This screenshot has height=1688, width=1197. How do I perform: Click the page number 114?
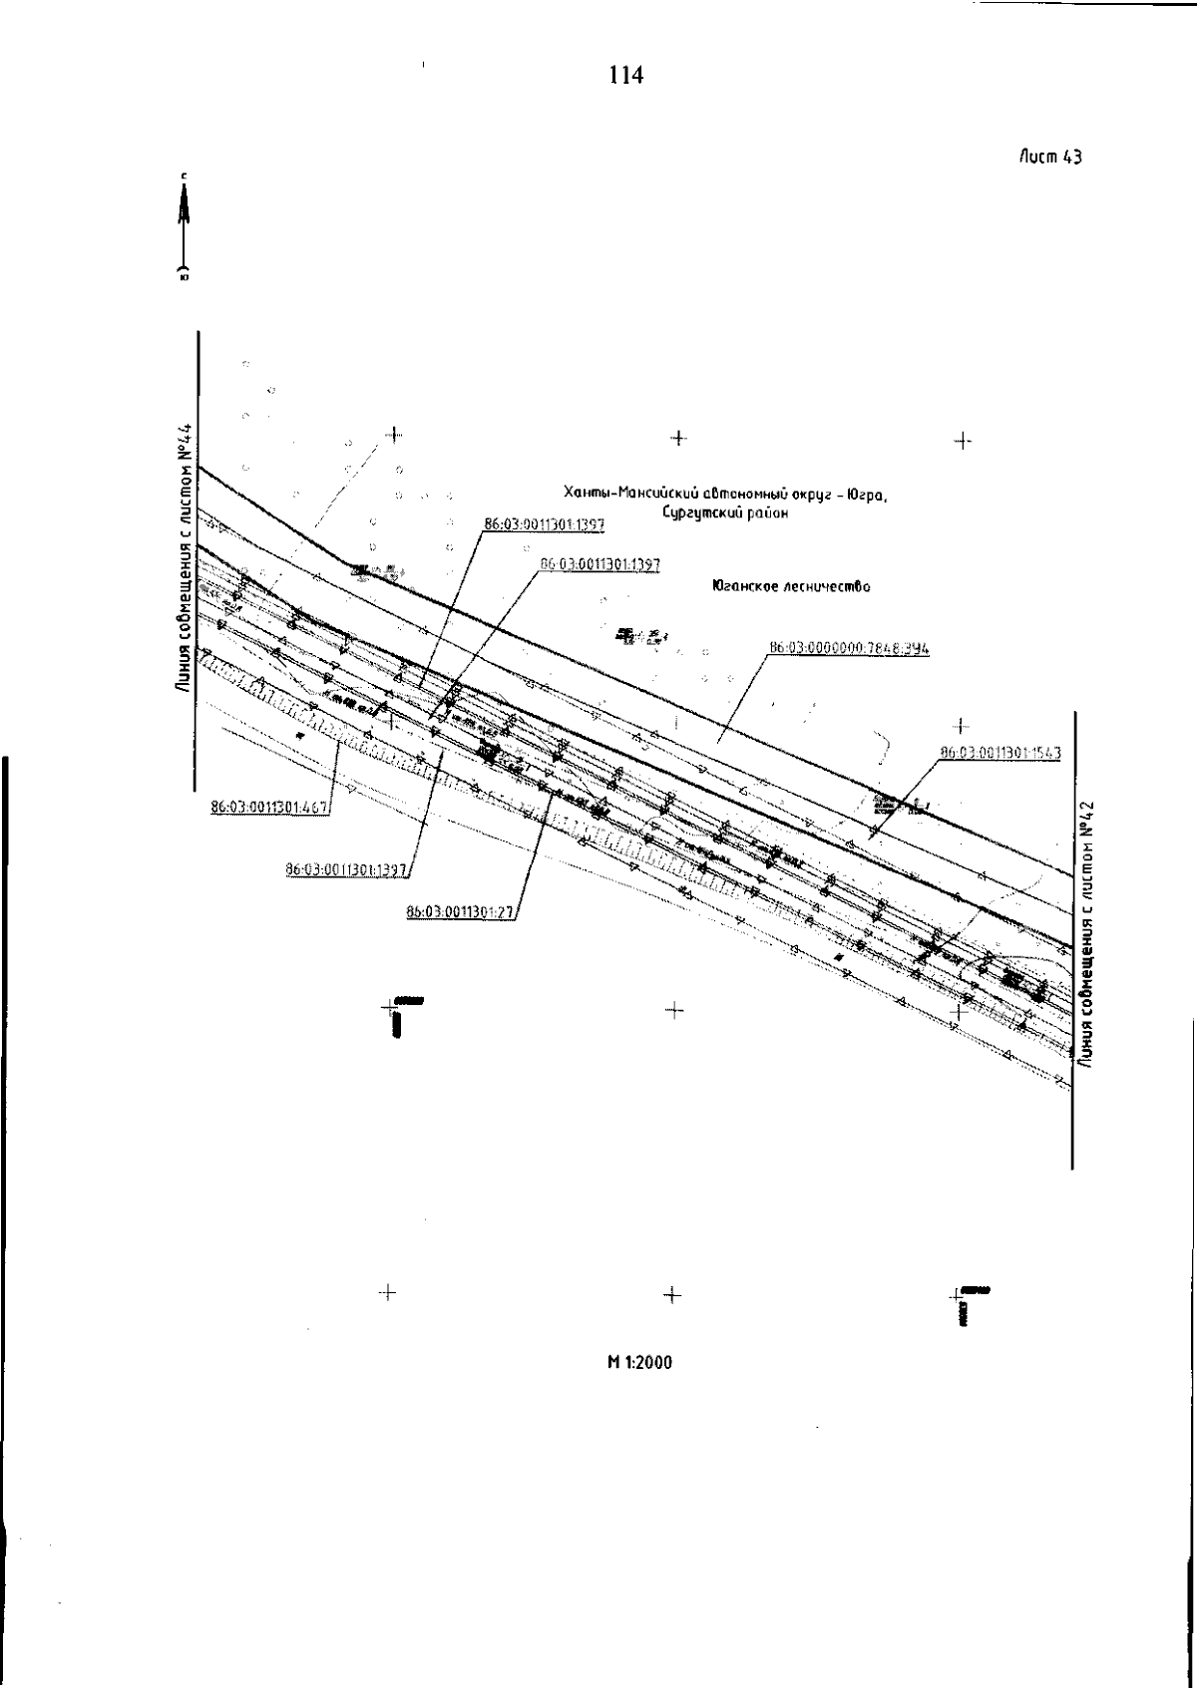click(x=625, y=75)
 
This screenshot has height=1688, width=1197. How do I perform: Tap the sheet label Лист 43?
click(x=1050, y=157)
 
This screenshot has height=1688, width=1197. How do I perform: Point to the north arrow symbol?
click(x=184, y=227)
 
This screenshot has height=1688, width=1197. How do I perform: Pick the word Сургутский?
click(x=700, y=513)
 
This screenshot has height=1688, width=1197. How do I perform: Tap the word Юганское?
click(x=737, y=587)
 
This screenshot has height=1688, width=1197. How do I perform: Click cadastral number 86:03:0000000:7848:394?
click(x=849, y=648)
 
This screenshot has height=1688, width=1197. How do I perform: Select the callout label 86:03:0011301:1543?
click(x=1000, y=753)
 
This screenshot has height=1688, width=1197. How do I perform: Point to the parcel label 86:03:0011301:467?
click(x=269, y=808)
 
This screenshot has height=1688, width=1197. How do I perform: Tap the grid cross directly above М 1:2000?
click(x=672, y=1294)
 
